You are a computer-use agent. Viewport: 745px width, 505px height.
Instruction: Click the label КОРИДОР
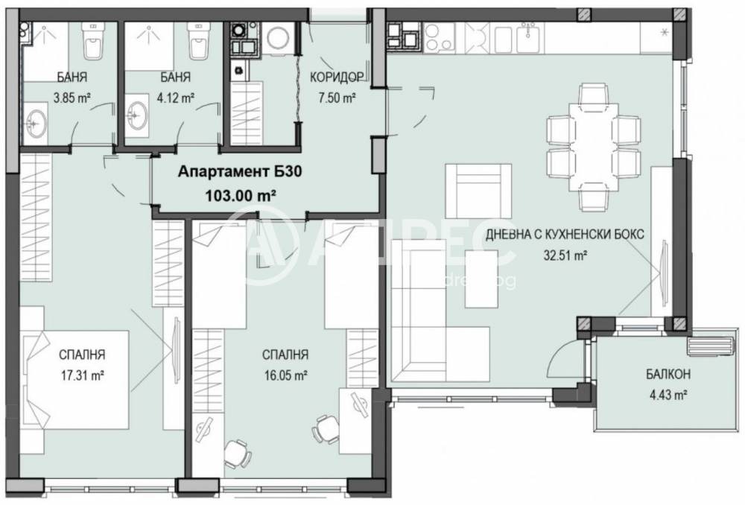(336, 77)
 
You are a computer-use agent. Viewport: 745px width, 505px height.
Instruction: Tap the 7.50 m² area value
(336, 98)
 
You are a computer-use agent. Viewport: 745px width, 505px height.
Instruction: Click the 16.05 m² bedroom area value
(286, 375)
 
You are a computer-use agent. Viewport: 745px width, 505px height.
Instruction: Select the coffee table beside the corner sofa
(482, 279)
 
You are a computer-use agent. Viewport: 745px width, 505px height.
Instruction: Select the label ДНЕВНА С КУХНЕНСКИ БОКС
(565, 234)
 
